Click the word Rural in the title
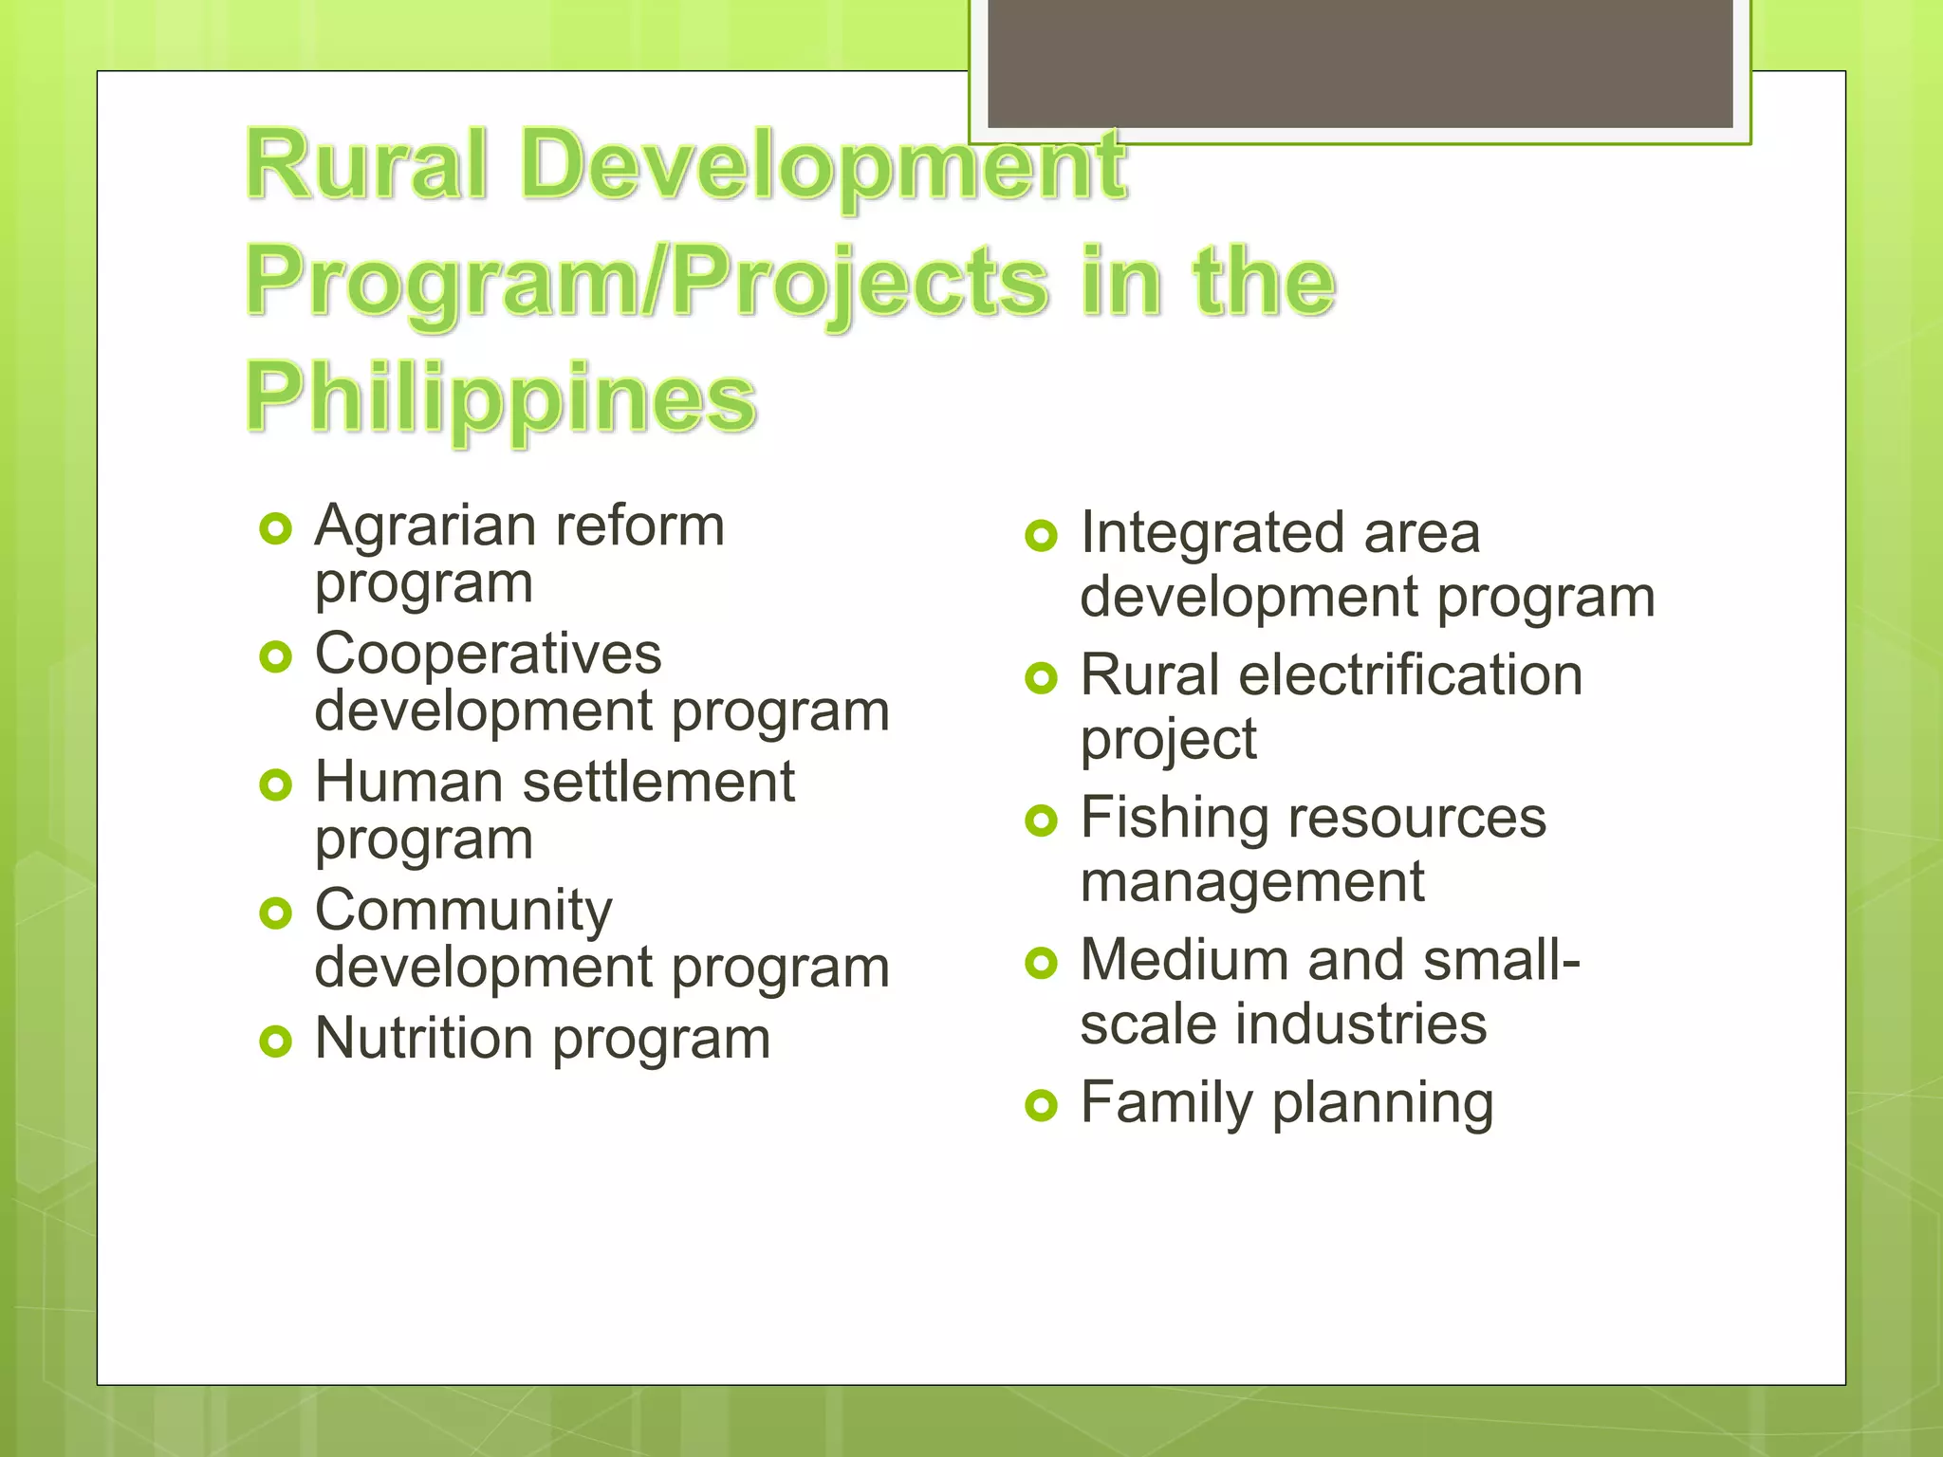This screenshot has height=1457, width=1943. (x=367, y=166)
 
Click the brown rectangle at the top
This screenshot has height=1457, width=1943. (x=1360, y=63)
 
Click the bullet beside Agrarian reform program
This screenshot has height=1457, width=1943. (x=275, y=529)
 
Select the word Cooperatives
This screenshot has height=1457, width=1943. (x=488, y=655)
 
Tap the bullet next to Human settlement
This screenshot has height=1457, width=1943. (x=275, y=785)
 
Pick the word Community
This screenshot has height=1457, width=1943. (x=463, y=912)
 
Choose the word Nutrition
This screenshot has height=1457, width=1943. (x=423, y=1039)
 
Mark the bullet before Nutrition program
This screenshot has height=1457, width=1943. (x=275, y=1042)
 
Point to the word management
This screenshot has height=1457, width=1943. (x=1251, y=883)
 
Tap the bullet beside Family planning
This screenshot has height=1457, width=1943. (x=1041, y=1106)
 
